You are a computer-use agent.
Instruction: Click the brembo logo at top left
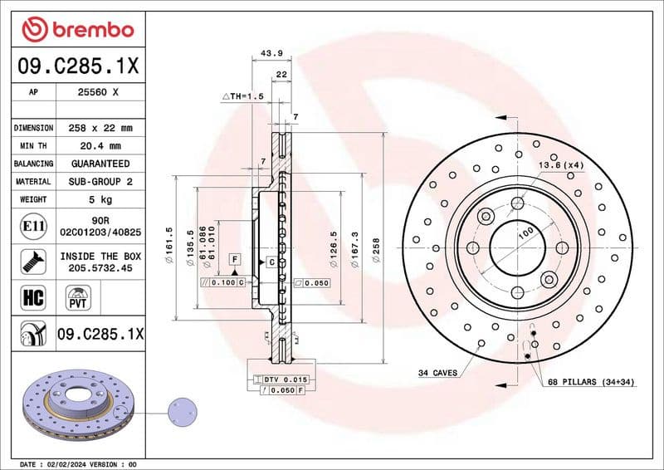(77, 30)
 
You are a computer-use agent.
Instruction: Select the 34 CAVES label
(437, 374)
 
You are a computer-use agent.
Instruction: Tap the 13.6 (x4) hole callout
(562, 166)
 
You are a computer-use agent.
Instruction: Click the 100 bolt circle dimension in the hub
(525, 235)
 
